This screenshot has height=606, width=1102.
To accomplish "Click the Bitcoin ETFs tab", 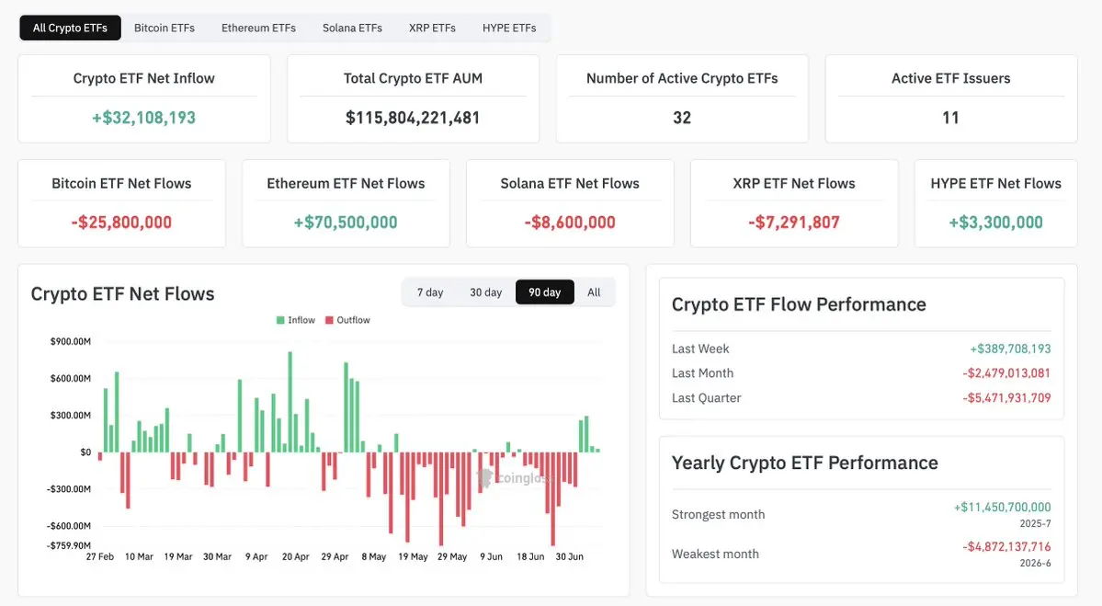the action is tap(165, 29).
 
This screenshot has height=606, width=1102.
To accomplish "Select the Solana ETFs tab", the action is tap(352, 29).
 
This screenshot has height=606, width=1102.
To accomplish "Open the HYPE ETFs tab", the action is tap(509, 29).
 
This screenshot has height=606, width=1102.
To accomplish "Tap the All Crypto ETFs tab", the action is tap(70, 29).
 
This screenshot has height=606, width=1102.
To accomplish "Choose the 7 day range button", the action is tap(430, 292).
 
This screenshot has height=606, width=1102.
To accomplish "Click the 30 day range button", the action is tap(485, 292).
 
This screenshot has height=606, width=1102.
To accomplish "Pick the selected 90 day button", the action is tap(545, 292).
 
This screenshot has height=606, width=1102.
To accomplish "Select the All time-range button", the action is tap(594, 292).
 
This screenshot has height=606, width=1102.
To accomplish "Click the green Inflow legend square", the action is tap(280, 320).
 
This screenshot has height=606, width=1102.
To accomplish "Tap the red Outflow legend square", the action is tap(329, 320).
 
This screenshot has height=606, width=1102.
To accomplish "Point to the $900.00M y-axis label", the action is tap(70, 342).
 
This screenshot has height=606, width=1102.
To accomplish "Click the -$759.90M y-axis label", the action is tap(69, 545).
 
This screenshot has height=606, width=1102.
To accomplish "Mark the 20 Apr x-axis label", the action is tap(295, 556).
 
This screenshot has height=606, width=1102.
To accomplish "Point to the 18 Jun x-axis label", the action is tap(530, 556).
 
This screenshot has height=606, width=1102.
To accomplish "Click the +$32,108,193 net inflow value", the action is tap(144, 118).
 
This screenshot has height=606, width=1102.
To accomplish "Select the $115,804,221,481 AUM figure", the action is tap(413, 118).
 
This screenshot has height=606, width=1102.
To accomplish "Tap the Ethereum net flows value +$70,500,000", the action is tap(345, 223).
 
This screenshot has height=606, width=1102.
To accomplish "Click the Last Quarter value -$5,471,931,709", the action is tap(1006, 398).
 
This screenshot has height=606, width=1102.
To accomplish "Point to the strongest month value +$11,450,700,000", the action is tap(1002, 507).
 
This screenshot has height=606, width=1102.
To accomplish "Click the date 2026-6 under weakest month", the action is tap(1035, 563).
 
